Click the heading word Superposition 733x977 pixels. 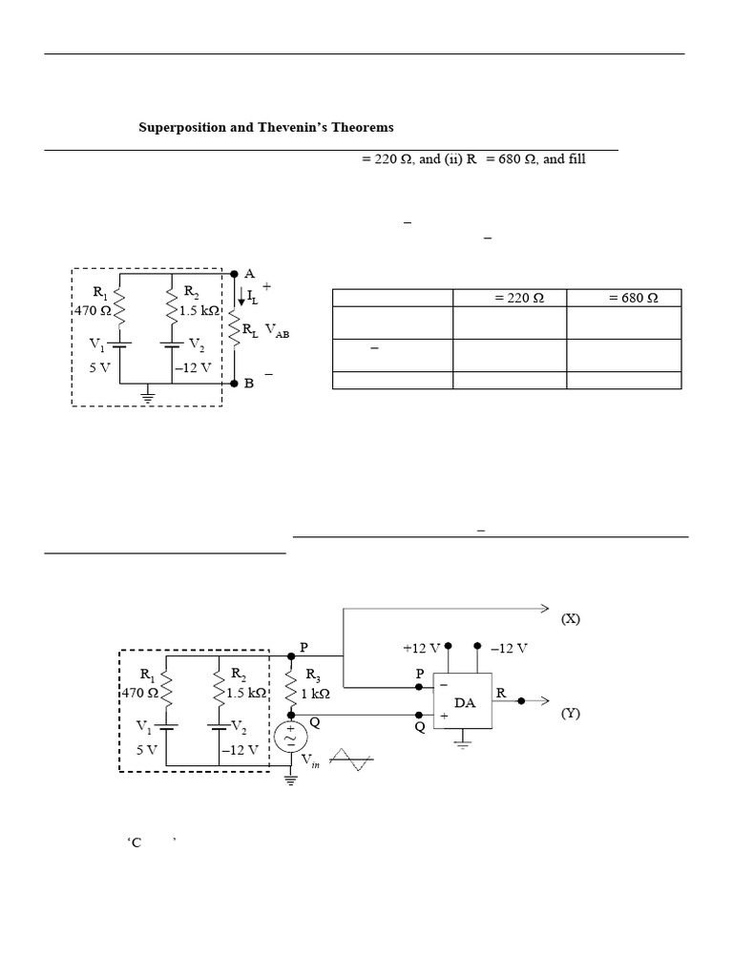(182, 127)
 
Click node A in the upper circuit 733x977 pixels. (250, 273)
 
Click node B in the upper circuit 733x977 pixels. (249, 384)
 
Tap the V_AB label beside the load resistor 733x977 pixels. (277, 329)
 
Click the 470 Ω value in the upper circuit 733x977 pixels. (94, 310)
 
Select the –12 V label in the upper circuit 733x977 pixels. (193, 367)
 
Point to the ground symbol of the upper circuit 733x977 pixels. (148, 394)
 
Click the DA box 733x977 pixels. (464, 701)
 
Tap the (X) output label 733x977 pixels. (571, 619)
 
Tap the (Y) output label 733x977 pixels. (571, 714)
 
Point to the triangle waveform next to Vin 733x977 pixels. (349, 759)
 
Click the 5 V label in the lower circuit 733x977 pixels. (147, 749)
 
